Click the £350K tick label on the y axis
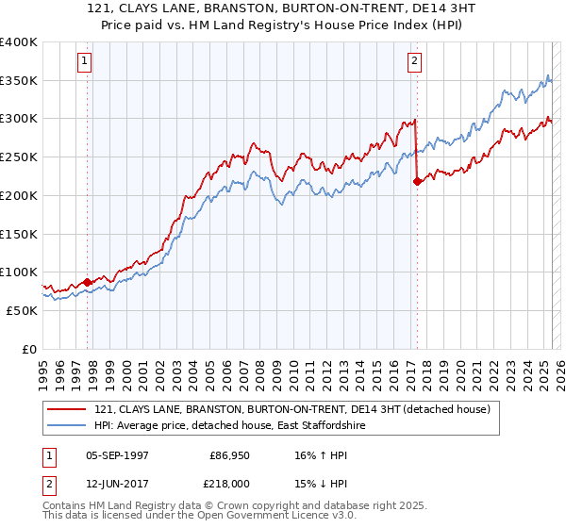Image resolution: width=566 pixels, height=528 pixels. click(x=19, y=80)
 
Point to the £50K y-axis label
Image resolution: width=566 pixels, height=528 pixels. click(x=22, y=309)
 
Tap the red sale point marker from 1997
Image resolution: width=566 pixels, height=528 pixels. click(x=88, y=281)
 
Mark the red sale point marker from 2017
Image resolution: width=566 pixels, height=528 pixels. click(x=417, y=182)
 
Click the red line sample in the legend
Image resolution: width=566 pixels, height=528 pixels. click(x=65, y=410)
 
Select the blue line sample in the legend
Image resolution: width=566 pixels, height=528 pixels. click(x=65, y=426)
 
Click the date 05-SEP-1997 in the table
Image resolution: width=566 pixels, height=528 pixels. click(x=119, y=454)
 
